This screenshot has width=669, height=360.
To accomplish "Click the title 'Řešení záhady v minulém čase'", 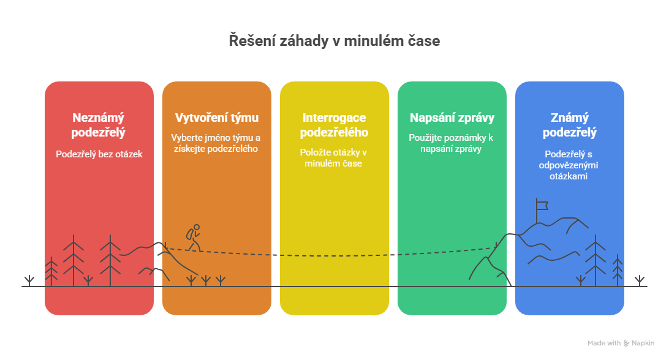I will click(334, 41).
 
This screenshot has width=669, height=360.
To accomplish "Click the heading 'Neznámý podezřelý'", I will click(99, 124).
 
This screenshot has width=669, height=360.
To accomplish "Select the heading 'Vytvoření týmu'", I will click(217, 117).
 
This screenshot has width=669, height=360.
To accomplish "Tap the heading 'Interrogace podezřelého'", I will click(334, 124).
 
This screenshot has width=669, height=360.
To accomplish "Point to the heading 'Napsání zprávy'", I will click(452, 117).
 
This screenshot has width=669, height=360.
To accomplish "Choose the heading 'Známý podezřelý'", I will click(569, 124).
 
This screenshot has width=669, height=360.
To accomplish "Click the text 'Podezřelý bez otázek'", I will click(99, 154).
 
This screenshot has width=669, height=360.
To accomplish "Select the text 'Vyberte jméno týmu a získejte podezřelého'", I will click(217, 143).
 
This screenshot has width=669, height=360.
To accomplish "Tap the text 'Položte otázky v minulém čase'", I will click(334, 157).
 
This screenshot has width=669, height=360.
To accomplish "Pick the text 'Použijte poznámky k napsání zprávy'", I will click(452, 143).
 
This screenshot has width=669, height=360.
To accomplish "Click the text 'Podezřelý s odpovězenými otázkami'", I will click(569, 165).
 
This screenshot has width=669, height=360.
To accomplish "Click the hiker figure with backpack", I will click(194, 238).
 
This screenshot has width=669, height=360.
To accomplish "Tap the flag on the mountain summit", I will click(542, 204).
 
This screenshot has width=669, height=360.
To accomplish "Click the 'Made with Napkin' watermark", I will click(621, 343).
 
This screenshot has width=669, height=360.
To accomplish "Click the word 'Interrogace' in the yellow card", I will click(334, 117).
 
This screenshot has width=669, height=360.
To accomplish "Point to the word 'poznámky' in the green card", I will click(466, 137).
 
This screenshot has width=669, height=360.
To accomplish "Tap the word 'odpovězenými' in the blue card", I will click(569, 165).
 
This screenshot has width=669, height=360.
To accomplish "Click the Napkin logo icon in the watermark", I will click(626, 343).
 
